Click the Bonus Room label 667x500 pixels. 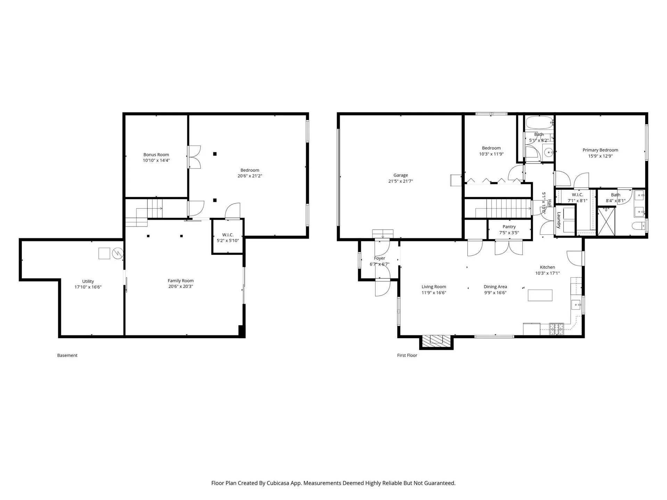point(156,155)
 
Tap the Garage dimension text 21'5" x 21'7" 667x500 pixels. point(401,181)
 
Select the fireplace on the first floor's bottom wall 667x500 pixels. point(436,340)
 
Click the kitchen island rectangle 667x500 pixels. point(540,295)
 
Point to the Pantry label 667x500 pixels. point(509,227)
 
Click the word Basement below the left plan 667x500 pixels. point(67,355)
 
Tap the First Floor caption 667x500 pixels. point(407,355)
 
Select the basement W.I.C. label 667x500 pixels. point(228,235)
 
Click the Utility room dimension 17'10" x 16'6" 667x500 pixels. point(88,287)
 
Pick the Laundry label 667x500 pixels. point(559,220)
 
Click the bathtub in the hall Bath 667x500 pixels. point(539,123)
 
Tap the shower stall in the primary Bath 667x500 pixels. point(606,221)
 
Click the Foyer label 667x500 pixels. point(379,258)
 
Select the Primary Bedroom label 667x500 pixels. point(600,150)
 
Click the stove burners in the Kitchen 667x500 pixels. point(556,328)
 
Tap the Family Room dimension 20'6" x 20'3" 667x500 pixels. point(180,286)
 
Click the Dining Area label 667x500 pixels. point(495,287)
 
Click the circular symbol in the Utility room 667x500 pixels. point(118,253)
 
